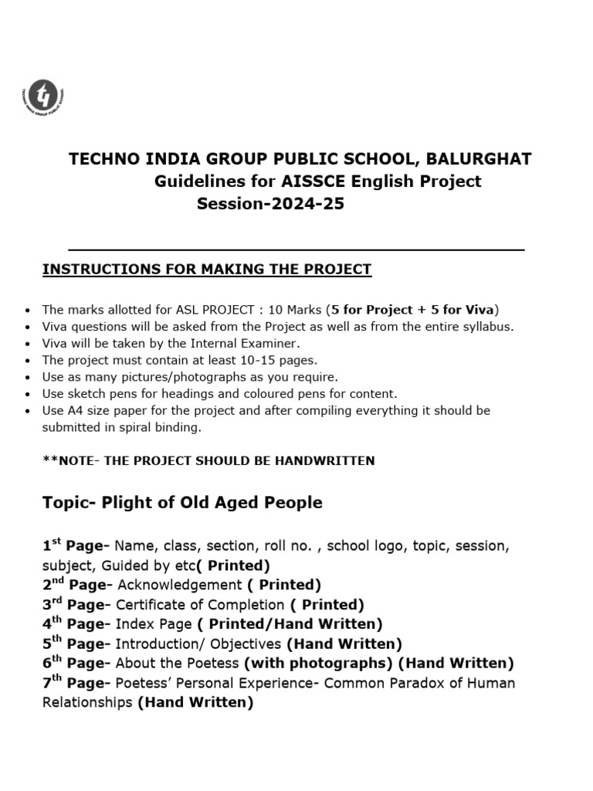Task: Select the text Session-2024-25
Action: point(270,205)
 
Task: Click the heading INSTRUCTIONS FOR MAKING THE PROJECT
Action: point(206,270)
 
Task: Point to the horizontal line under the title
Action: point(296,250)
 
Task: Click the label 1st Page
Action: point(74,546)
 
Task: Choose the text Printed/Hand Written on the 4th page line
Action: point(292,624)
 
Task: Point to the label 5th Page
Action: point(74,643)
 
